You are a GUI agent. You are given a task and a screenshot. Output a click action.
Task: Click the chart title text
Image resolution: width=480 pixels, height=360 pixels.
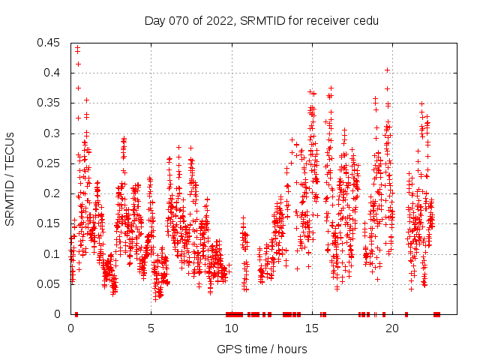pos(262,20)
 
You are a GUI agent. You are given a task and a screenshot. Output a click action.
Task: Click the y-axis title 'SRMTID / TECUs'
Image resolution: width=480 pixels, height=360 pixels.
pos(10,178)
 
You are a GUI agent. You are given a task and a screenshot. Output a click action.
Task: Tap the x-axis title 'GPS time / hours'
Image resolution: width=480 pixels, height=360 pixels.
pos(262,349)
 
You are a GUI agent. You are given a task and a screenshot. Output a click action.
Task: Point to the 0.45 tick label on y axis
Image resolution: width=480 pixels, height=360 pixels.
pos(49,43)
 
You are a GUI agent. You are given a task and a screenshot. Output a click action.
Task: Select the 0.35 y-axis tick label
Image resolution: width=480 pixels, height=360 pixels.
pos(49,103)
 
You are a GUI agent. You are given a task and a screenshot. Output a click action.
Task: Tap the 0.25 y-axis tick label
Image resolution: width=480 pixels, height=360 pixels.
pos(49,163)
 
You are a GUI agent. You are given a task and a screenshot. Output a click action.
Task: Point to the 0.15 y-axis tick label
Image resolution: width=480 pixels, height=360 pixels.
pos(49,224)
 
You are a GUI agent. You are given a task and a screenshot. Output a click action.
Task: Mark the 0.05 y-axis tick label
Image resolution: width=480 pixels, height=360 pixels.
pos(49,284)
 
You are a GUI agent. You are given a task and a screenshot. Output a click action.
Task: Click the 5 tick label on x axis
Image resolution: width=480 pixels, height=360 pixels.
pos(151,328)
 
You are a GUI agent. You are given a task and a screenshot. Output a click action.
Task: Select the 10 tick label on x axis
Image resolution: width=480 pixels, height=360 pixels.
pos(231,328)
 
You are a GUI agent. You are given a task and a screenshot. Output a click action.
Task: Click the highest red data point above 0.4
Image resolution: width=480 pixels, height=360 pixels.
pos(77,49)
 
